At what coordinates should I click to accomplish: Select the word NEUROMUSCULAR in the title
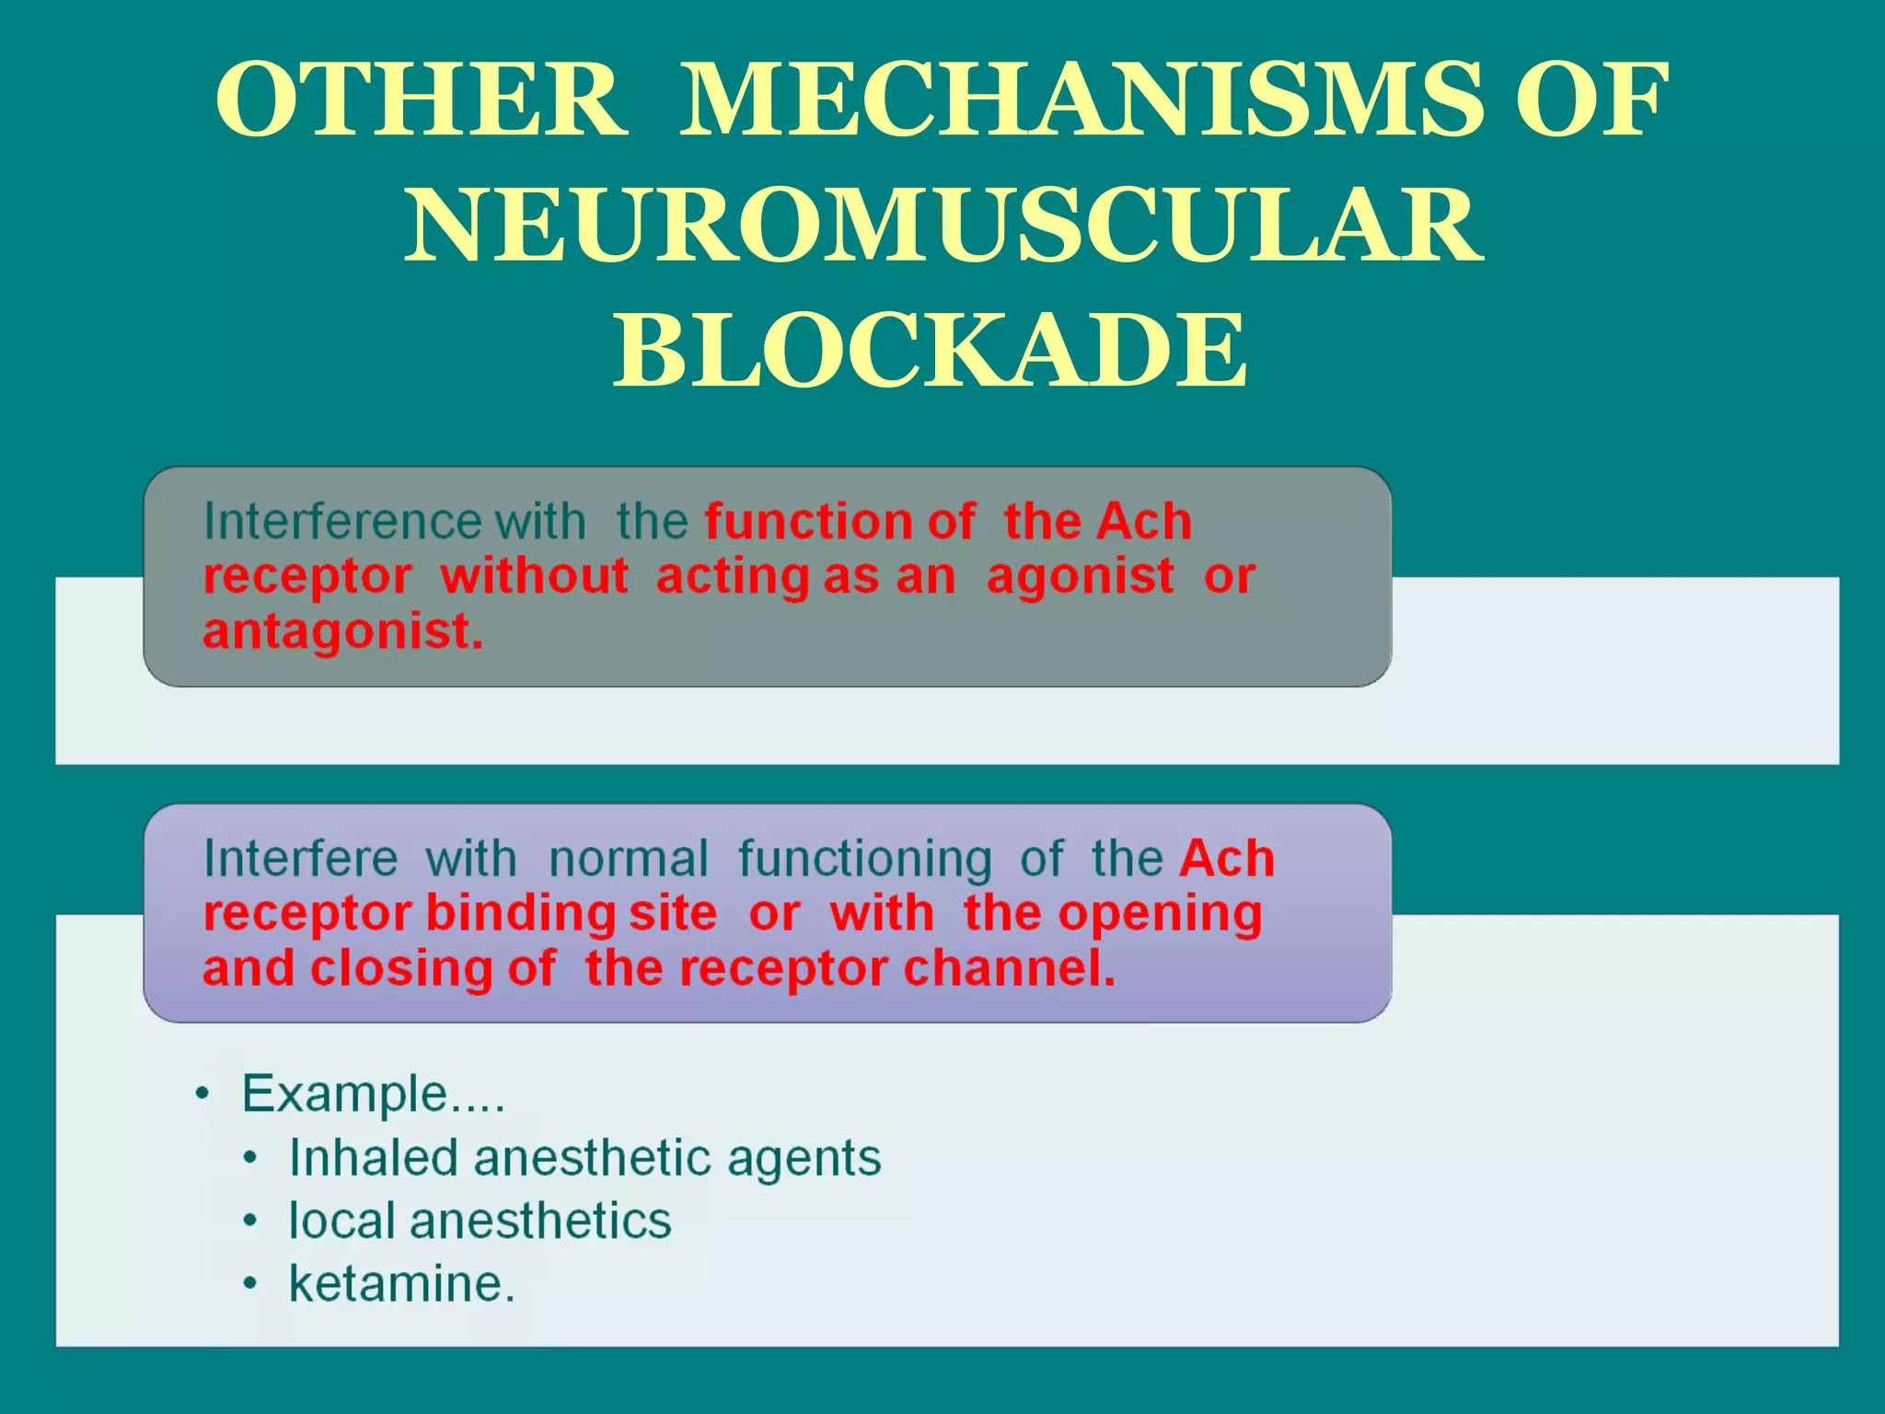click(x=942, y=226)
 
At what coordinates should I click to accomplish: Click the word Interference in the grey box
click(x=341, y=522)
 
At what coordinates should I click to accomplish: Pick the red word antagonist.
click(x=341, y=632)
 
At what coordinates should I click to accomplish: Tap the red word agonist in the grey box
click(x=1080, y=577)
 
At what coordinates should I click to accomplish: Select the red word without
click(x=534, y=577)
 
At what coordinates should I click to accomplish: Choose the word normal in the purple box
click(x=629, y=859)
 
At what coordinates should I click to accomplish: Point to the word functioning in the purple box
click(x=864, y=859)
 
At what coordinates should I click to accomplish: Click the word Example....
click(x=344, y=1095)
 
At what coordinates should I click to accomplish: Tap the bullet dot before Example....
click(x=202, y=1095)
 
